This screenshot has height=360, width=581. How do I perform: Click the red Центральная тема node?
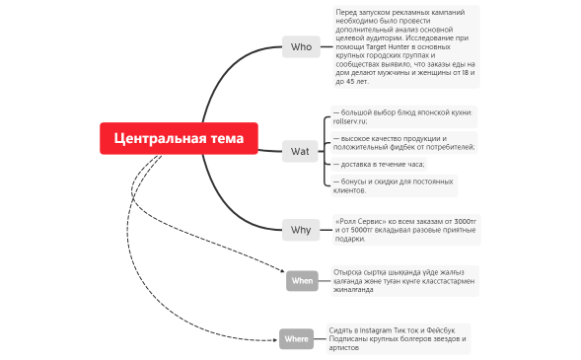pyautogui.click(x=179, y=138)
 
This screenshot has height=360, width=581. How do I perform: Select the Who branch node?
pyautogui.click(x=301, y=46)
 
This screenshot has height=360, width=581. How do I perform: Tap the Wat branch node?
pyautogui.click(x=300, y=152)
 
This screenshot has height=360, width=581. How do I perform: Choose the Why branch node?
pyautogui.click(x=301, y=230)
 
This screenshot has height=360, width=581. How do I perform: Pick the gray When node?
pyautogui.click(x=302, y=281)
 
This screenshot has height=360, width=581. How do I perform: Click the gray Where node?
pyautogui.click(x=296, y=339)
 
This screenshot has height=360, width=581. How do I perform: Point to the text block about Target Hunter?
pyautogui.click(x=404, y=45)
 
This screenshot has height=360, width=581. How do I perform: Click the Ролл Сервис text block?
pyautogui.click(x=405, y=229)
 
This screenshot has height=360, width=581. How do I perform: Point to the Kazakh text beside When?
pyautogui.click(x=404, y=280)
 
